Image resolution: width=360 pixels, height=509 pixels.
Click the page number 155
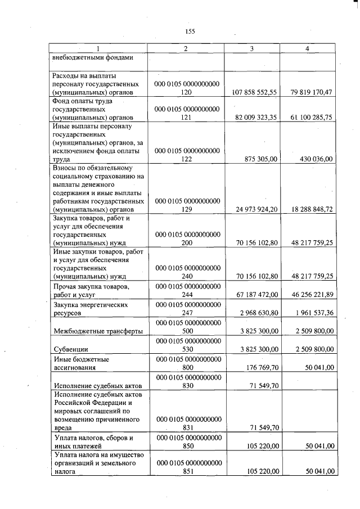190,31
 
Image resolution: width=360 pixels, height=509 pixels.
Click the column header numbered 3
251,49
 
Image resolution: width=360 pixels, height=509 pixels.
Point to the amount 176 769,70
262,367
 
